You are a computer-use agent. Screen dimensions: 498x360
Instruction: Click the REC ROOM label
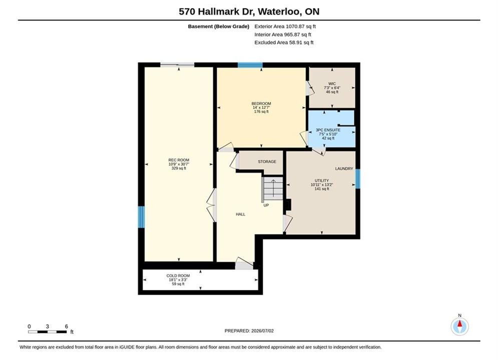coord(179,160)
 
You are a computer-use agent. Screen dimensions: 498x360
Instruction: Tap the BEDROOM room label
coord(261,103)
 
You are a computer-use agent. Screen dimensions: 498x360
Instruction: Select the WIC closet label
coord(332,84)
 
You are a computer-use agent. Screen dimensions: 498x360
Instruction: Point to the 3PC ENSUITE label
coord(328,130)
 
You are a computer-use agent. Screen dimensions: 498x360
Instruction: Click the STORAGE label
coord(267,162)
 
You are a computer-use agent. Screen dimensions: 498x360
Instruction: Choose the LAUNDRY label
coord(344,168)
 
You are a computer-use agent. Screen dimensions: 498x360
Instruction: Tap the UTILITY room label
coord(322,180)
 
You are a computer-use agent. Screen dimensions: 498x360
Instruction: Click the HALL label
coord(240,214)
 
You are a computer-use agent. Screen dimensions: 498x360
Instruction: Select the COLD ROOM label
coord(178,276)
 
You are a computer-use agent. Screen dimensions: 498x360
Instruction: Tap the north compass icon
coord(459,326)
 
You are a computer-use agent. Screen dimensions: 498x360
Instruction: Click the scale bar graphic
coord(48,332)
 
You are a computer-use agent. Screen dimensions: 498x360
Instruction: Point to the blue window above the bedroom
coord(250,65)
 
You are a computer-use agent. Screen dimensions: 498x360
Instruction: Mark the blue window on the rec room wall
coord(141,217)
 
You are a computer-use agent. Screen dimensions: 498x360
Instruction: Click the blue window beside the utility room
coord(358,179)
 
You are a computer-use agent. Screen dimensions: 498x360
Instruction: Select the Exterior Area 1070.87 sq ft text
coord(285,26)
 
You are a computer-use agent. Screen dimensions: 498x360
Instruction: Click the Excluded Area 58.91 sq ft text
coord(284,42)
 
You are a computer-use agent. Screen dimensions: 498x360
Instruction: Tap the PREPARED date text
coord(249,331)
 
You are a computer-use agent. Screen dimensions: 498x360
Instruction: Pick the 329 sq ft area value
coord(179,168)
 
